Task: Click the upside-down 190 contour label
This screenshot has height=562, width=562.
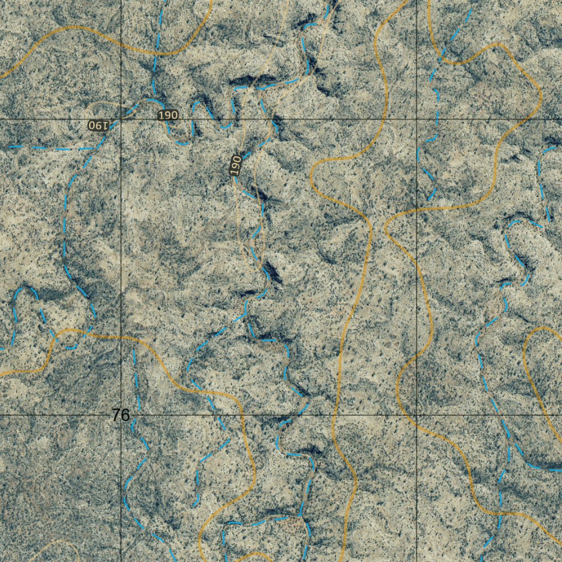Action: click(x=97, y=125)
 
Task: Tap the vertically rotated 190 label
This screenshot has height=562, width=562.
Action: click(x=235, y=165)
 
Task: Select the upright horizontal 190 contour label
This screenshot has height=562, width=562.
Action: click(x=167, y=115)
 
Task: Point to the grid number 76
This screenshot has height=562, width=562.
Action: click(x=120, y=415)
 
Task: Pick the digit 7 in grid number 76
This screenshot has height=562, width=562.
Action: click(x=116, y=415)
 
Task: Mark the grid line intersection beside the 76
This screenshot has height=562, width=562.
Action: click(x=121, y=415)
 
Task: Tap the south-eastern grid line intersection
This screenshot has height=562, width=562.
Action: click(x=417, y=415)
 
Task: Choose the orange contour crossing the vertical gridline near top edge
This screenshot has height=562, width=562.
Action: click(x=121, y=42)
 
